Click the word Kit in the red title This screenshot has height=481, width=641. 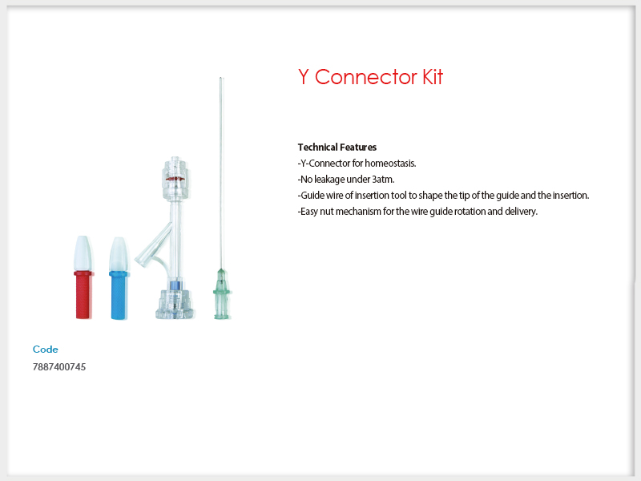[x=433, y=77]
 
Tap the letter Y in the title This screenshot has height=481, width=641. [x=303, y=77]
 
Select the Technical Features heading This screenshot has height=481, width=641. [x=337, y=148]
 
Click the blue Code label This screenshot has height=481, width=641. [x=46, y=350]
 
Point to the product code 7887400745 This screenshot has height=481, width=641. [x=59, y=367]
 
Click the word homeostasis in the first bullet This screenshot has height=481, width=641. [x=390, y=164]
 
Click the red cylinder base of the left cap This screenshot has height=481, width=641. [x=84, y=294]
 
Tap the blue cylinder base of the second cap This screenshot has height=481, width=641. [x=119, y=295]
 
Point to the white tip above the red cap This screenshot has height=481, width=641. [x=83, y=253]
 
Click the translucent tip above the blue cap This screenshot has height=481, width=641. [x=119, y=253]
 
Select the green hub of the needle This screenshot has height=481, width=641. [x=222, y=293]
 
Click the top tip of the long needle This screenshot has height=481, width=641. [x=221, y=77]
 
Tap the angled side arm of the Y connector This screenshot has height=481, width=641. [x=154, y=245]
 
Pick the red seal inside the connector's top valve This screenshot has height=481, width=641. [x=175, y=179]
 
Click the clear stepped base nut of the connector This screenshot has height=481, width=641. [x=175, y=304]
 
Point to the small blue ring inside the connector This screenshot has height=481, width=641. [x=175, y=286]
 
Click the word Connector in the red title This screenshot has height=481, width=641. [x=366, y=77]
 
